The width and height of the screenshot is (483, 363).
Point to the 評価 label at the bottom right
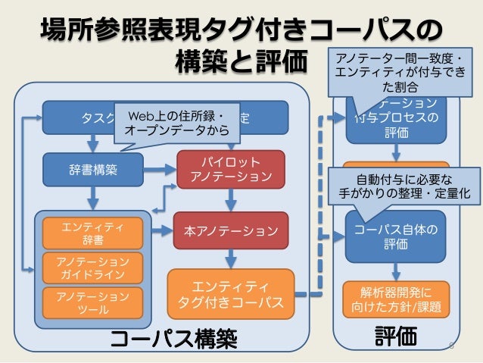click(x=396, y=336)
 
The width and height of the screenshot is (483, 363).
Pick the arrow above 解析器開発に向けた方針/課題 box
click(x=395, y=271)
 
